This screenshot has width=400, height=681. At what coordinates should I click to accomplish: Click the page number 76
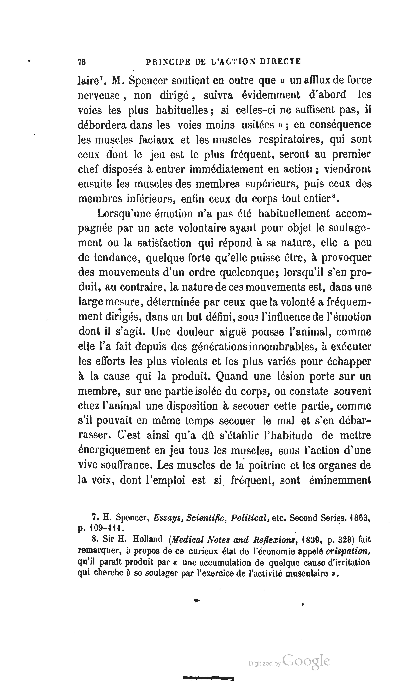pyautogui.click(x=82, y=62)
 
